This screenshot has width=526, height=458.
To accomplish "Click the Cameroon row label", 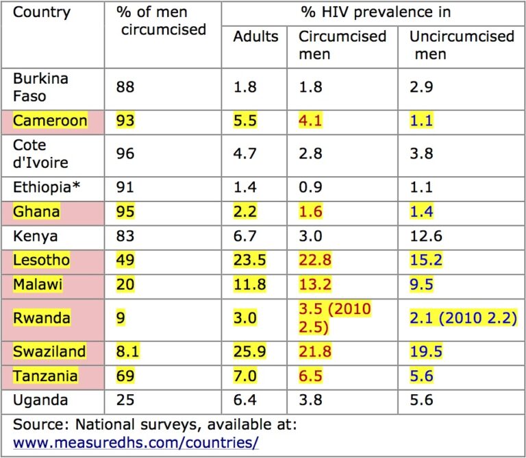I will coord(51,121).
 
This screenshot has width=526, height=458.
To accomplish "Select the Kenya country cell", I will coord(32,237).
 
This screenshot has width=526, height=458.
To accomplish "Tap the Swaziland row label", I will coord(49,352).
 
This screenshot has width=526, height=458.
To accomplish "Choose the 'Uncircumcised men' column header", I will coord(461,45).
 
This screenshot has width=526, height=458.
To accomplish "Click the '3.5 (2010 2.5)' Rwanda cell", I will coord(335,317).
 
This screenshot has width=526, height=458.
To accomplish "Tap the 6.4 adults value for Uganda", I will coord(245,399).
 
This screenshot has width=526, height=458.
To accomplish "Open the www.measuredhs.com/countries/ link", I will coord(136,443).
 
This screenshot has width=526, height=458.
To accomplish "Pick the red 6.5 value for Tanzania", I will coord(310,376).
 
